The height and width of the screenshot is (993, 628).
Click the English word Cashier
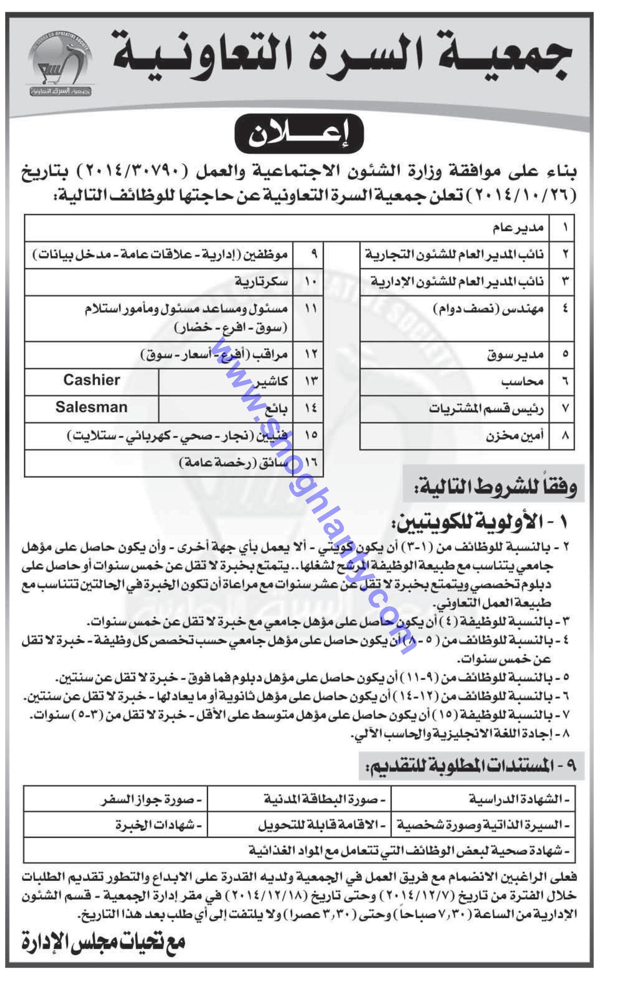tap(91, 380)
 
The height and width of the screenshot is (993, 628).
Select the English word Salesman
tap(91, 408)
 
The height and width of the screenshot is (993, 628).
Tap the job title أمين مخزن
tap(514, 436)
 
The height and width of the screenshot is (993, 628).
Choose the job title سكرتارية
tap(262, 282)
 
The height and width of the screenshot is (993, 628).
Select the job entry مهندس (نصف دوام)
tap(488, 309)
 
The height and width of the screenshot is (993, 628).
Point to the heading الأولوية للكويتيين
tap(481, 522)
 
